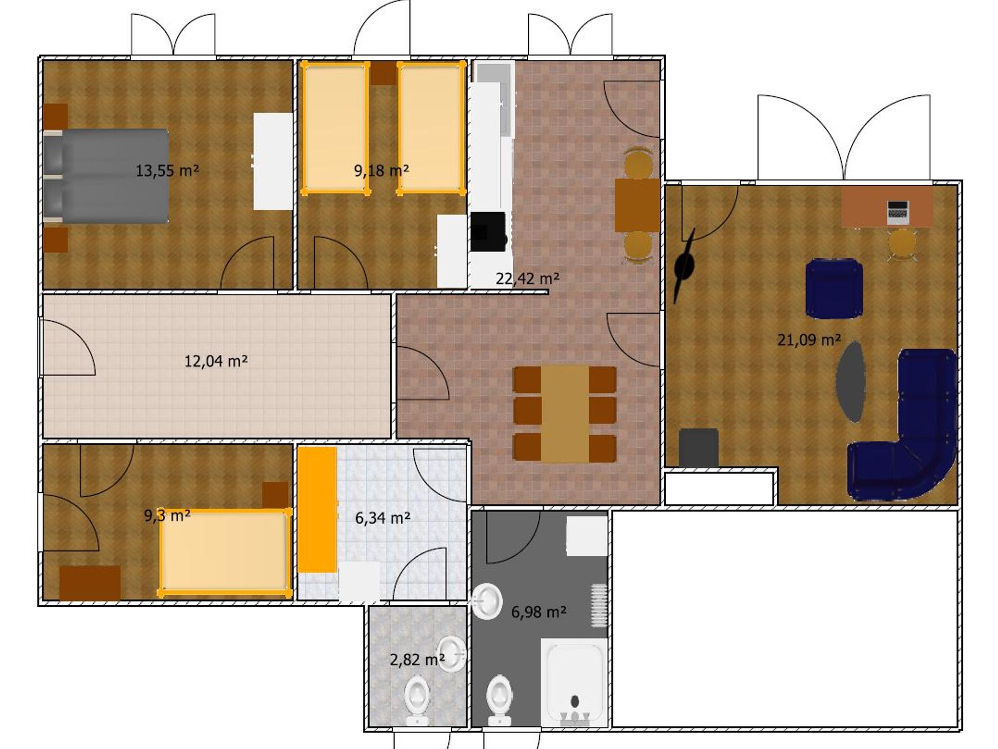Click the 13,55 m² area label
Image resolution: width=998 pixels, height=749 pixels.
click(167, 171)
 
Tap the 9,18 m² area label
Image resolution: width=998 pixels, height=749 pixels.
click(381, 170)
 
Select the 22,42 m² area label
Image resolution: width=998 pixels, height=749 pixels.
click(527, 279)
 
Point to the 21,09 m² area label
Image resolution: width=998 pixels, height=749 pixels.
click(809, 339)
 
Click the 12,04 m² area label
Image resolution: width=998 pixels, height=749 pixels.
click(216, 361)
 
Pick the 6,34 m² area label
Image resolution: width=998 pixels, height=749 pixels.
click(383, 518)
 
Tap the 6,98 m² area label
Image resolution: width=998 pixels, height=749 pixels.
click(538, 611)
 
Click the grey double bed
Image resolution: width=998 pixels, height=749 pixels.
click(106, 176)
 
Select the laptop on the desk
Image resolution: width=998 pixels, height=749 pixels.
click(898, 212)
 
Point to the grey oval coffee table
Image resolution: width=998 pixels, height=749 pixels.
click(851, 382)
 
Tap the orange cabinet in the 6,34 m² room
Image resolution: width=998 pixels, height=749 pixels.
click(317, 510)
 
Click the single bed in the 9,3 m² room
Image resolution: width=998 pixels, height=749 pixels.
click(225, 553)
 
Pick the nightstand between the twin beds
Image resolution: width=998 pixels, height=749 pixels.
click(383, 73)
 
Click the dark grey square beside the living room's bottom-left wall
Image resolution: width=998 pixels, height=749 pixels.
click(698, 448)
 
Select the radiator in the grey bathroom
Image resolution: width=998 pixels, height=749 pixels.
click(599, 605)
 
